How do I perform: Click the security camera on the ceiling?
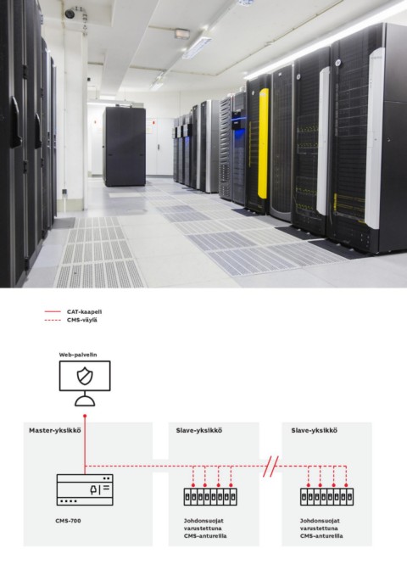[70, 14]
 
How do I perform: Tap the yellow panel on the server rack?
[263, 143]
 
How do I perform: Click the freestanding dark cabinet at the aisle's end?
[125, 147]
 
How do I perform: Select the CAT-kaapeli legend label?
[84, 312]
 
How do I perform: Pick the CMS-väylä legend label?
[82, 320]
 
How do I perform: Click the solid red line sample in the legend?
[53, 312]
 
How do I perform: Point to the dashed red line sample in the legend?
[53, 320]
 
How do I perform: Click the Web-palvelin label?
[78, 355]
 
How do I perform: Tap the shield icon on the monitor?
[85, 376]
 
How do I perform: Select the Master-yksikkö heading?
[55, 431]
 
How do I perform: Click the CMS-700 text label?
[69, 521]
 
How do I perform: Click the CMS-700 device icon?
[85, 489]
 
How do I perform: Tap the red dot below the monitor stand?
[85, 417]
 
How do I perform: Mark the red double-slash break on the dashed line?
[270, 467]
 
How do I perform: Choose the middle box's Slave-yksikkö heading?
[198, 431]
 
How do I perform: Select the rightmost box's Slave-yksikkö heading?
[314, 431]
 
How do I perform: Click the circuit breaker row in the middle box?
[210, 497]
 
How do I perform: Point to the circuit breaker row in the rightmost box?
[327, 497]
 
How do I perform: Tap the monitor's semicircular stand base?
[85, 401]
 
